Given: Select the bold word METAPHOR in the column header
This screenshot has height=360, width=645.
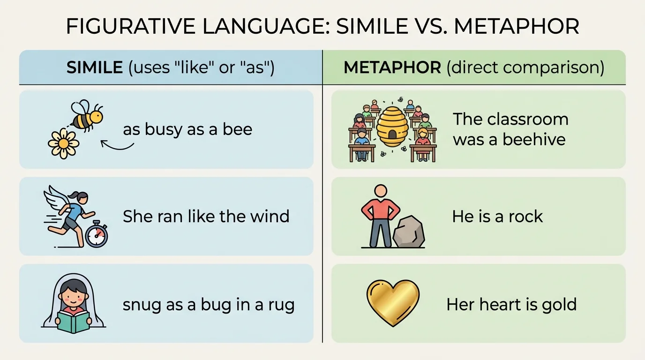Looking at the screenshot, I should (x=392, y=67).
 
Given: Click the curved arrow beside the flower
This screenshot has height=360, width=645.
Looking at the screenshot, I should (x=117, y=146).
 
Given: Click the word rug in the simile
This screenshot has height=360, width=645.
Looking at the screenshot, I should (x=282, y=305).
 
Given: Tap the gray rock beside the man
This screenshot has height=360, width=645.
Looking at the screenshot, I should (x=409, y=232).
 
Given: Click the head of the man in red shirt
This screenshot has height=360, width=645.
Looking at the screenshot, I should (x=381, y=191).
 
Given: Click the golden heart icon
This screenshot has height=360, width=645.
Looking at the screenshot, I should (x=392, y=302).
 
